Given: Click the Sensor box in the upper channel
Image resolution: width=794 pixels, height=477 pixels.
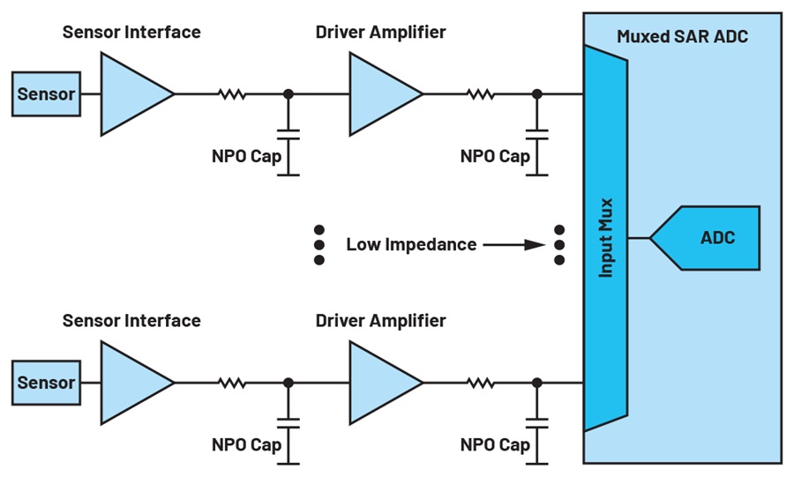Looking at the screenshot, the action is coord(46,94).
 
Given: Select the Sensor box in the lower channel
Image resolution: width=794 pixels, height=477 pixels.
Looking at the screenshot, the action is coord(46,383).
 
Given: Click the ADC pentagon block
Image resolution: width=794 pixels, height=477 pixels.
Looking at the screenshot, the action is coord(705,238).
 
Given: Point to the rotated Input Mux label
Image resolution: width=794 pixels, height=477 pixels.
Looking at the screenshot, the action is coord(605,238).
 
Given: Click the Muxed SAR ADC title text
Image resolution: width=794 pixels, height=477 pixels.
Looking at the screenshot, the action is coord(682,36).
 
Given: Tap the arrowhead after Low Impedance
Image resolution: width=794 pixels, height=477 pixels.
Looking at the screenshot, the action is coord(535,245).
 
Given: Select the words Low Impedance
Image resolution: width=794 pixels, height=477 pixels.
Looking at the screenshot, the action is coord(411,245).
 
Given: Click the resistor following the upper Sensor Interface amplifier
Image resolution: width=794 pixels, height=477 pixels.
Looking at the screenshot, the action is coord(232,94).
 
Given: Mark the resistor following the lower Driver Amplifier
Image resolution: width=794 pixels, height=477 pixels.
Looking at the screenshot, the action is coord(481,383).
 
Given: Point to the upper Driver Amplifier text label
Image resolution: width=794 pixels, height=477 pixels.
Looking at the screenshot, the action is coord(381,33).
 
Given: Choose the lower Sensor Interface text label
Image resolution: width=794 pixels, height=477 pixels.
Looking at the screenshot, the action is coord(131,321).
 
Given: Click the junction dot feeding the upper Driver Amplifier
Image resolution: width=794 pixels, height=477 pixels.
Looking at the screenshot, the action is coord(288,94).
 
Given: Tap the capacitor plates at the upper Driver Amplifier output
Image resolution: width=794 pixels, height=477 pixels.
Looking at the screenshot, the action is coord(537,135).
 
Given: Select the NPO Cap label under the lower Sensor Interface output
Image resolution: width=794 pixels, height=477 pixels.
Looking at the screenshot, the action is coord(247,445).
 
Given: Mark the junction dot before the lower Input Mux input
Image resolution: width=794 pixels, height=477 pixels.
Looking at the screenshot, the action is coord(537,383).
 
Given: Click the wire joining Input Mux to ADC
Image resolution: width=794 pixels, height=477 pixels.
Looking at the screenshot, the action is coord(639,238).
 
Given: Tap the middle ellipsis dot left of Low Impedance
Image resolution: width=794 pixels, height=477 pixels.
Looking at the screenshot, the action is coord(319,245).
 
